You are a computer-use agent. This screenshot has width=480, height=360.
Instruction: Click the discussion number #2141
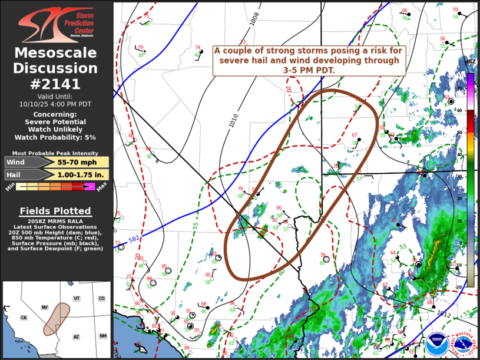tap(56, 82)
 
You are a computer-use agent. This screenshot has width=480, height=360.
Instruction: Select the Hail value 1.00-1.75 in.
tap(82, 174)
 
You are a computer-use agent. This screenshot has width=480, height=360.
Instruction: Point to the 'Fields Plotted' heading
tap(55, 211)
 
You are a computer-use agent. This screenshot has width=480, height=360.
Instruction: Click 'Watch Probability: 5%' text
tap(55, 137)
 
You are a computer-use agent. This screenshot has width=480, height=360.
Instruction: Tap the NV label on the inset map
tap(44, 308)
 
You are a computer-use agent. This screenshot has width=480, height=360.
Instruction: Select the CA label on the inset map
tap(24, 318)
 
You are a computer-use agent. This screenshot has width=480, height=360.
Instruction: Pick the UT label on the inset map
tap(77, 299)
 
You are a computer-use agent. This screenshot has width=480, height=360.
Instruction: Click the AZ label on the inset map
tap(76, 336)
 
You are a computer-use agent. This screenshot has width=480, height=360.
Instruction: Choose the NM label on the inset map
tap(103, 336)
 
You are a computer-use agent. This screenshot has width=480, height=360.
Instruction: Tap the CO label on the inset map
tap(102, 299)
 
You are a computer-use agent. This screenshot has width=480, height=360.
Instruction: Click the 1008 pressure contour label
tap(254, 19)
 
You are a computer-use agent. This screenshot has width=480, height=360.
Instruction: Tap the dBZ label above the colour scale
tap(471, 61)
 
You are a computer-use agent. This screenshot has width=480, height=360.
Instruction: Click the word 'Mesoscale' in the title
tap(56, 54)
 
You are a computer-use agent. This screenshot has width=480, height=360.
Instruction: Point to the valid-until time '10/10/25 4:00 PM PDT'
tap(56, 104)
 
